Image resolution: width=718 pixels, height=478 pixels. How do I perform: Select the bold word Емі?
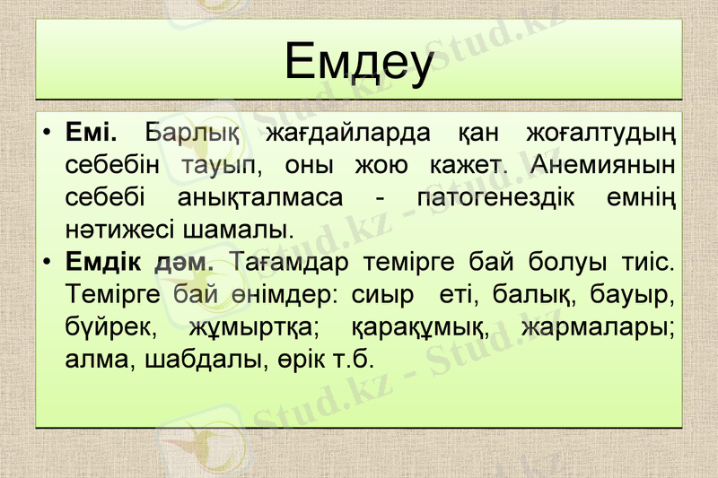92,135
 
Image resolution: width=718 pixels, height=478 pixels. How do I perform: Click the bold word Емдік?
102,263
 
